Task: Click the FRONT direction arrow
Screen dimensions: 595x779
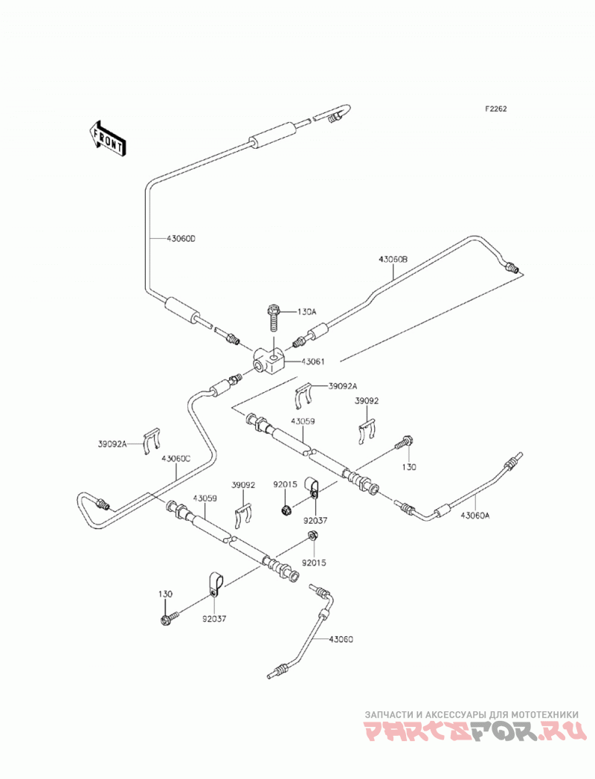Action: (x=107, y=139)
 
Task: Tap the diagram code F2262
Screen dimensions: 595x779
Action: (x=495, y=109)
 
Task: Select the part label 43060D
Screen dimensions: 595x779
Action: (x=181, y=239)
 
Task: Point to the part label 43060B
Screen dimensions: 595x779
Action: (x=393, y=259)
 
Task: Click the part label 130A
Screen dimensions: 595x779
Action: (x=306, y=312)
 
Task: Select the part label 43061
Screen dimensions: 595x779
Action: (x=312, y=362)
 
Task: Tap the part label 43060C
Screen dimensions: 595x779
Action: (x=176, y=459)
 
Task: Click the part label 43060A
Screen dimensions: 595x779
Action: (x=475, y=515)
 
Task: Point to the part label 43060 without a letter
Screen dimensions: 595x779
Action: (x=341, y=639)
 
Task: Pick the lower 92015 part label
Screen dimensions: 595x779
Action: (x=315, y=563)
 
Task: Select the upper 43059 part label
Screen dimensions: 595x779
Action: (x=303, y=421)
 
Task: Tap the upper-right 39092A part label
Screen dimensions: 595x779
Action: (x=343, y=386)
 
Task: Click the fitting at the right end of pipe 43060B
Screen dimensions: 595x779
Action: (x=512, y=269)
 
